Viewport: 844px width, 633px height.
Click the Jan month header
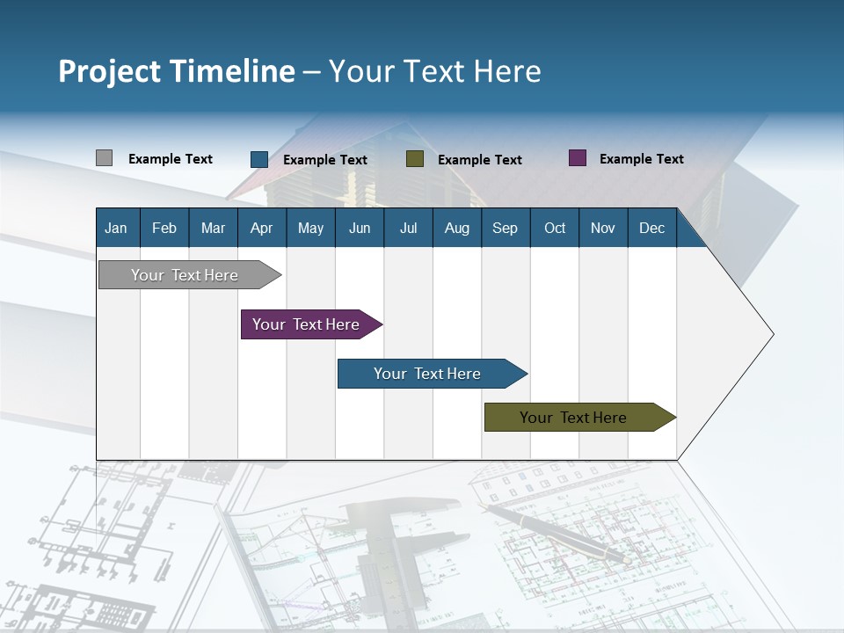(116, 228)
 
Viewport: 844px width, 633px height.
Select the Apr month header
(261, 228)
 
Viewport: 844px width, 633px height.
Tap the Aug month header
(456, 228)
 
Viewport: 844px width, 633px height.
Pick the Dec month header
(651, 228)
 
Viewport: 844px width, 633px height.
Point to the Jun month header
(359, 228)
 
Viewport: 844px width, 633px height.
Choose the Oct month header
(554, 228)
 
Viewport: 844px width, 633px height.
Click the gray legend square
(104, 158)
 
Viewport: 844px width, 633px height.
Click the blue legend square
(258, 159)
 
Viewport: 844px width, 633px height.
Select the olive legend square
(415, 159)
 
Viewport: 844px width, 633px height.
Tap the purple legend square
(578, 158)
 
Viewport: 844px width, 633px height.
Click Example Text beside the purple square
(641, 159)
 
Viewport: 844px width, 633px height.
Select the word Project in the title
(108, 71)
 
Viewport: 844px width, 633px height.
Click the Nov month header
(602, 228)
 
